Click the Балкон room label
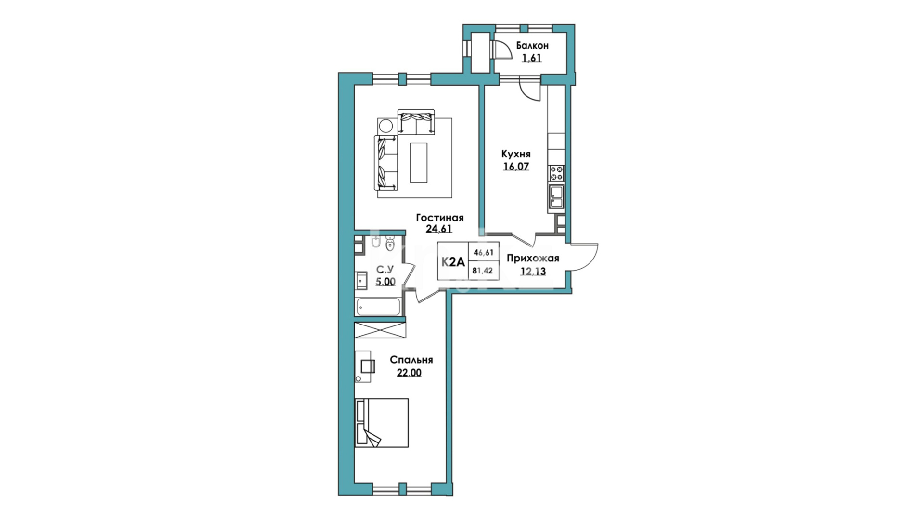(x=532, y=46)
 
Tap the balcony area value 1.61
(x=532, y=59)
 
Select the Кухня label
(x=516, y=155)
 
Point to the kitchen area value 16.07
(x=516, y=167)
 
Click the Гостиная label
(x=440, y=218)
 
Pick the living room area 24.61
(x=439, y=230)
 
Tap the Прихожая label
(x=533, y=259)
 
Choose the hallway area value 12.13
(x=533, y=271)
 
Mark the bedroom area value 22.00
(x=409, y=373)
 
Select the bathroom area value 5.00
(x=385, y=281)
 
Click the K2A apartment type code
(x=453, y=262)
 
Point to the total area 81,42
(x=483, y=271)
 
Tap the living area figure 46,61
(x=484, y=252)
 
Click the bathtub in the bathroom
(x=378, y=307)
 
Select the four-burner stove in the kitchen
(x=557, y=173)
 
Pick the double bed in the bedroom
(x=381, y=423)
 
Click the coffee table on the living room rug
(x=419, y=162)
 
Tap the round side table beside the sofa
(x=386, y=126)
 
